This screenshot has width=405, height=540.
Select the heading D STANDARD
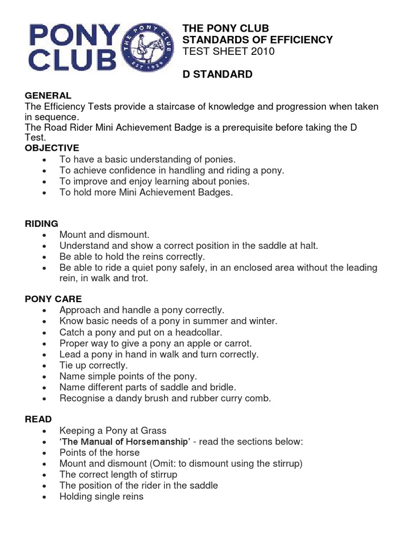coord(217,74)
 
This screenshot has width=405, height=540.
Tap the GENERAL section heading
coord(47,95)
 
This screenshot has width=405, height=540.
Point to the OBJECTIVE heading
coord(52,148)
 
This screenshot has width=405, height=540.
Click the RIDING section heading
coord(42,224)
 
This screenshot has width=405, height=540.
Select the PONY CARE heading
coord(53,299)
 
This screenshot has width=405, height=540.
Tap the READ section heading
coord(38,419)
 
